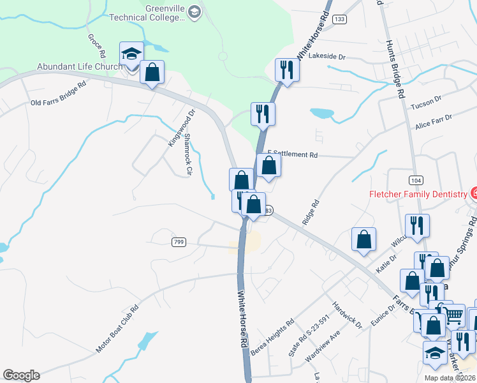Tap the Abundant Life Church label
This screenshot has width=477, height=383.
(79, 66)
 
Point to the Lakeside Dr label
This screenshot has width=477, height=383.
(327, 57)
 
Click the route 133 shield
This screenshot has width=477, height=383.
(339, 20)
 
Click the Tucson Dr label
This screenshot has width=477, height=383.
(427, 103)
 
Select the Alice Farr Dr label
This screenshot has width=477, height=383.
(433, 122)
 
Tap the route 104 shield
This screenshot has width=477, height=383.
(415, 181)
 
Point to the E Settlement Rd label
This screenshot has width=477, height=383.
(293, 154)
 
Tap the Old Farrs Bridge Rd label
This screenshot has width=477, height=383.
(58, 94)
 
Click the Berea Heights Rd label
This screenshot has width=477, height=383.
(272, 339)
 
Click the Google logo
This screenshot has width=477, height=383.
(21, 375)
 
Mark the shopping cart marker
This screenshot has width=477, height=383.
(453, 315)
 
